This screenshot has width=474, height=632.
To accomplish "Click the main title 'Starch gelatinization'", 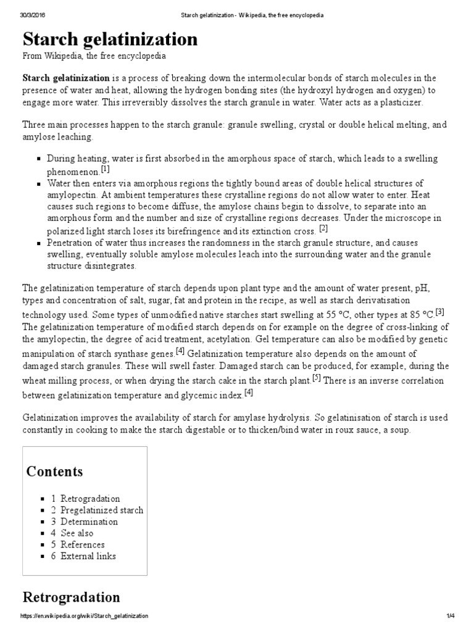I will [110, 39].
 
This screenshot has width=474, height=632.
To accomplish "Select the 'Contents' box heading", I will [54, 472].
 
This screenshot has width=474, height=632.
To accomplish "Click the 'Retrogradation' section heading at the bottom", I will [71, 597].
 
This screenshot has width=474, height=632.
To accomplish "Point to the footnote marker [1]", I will [105, 168].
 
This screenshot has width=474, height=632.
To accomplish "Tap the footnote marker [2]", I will [323, 227].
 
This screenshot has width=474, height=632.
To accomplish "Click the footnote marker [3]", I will [439, 312].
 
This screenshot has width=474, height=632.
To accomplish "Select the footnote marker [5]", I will [316, 378].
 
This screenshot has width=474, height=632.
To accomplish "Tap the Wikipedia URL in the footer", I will [84, 616].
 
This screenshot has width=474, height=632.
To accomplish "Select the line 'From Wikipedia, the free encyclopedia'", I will [94, 56].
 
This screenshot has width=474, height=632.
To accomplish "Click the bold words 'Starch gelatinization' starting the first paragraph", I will [66, 78].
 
